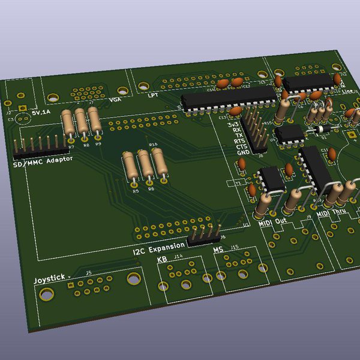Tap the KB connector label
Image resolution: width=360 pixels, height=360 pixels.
[x=162, y=259]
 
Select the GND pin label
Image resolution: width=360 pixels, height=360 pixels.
[x=243, y=153]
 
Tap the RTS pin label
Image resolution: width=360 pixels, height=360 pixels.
[x=240, y=141]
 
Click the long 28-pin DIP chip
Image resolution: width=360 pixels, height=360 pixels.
[x=228, y=98]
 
